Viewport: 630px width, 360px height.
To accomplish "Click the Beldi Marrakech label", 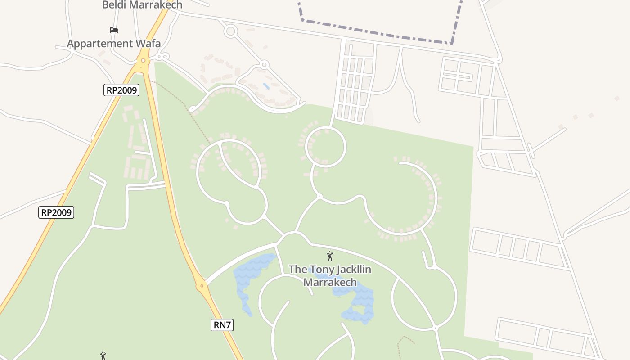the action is tap(142, 5).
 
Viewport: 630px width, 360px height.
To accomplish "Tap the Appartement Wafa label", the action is tap(114, 44).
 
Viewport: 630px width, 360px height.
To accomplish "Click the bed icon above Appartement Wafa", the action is tap(114, 30).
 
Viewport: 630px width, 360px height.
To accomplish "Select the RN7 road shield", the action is tap(222, 324).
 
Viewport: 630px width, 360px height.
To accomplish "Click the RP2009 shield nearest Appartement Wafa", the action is tap(121, 90).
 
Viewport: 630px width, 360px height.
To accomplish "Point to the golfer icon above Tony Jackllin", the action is tap(330, 256).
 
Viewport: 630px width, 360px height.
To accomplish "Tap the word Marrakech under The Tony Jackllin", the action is tap(330, 283).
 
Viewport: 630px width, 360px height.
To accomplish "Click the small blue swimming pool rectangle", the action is tap(266, 85).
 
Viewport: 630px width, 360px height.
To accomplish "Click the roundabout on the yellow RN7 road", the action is tap(202, 285).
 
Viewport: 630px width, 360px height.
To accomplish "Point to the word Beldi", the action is tap(114, 5).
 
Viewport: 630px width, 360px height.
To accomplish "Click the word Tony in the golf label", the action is tap(318, 270).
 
